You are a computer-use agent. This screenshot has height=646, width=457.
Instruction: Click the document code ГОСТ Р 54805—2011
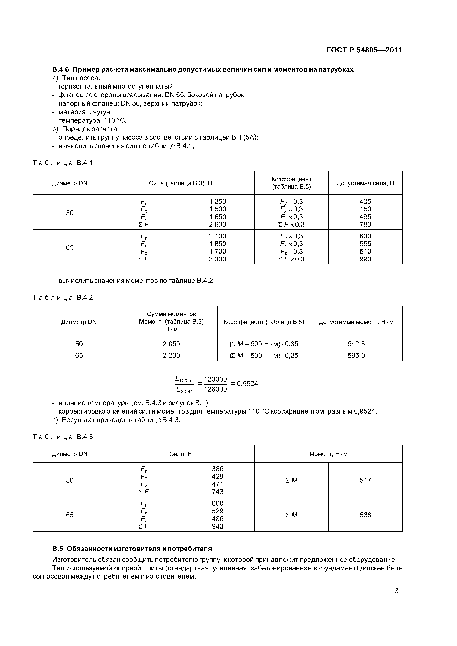364,50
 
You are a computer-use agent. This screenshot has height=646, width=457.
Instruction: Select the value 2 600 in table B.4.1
217,224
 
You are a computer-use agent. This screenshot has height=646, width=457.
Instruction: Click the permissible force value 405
365,201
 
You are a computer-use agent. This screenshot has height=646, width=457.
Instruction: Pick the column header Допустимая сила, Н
365,183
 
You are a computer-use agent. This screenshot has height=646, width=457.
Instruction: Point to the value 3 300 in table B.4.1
217,259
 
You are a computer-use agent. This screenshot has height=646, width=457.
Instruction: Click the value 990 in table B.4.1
365,259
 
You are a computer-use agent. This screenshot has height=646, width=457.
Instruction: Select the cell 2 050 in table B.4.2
171,344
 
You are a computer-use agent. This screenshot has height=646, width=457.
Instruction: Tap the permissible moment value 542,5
356,344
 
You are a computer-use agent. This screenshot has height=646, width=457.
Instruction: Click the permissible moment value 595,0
356,355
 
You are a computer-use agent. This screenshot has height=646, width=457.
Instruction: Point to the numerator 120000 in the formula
215,379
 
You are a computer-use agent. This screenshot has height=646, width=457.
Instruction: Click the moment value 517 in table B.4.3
365,480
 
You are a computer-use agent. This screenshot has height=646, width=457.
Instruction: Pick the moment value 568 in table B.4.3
365,515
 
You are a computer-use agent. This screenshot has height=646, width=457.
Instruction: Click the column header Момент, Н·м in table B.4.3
328,454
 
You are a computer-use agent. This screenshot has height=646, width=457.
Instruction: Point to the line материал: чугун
85,112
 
